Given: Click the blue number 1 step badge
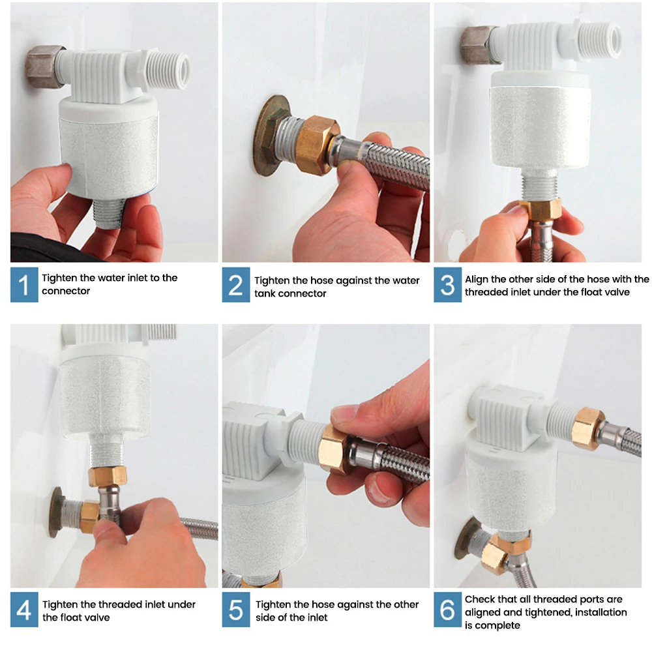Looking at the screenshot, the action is click(x=24, y=285).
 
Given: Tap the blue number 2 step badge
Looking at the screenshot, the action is click(x=236, y=285).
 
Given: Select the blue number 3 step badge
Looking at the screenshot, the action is click(x=447, y=285).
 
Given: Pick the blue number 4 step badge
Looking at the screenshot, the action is click(x=24, y=610).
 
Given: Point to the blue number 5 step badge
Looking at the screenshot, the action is click(x=236, y=610).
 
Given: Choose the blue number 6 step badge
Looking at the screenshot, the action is click(x=447, y=610).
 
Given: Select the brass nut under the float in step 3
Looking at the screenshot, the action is click(x=540, y=210).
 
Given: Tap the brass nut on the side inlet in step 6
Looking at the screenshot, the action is click(x=588, y=429).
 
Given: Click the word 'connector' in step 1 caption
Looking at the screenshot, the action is click(x=66, y=291).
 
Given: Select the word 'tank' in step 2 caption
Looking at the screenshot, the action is click(x=263, y=293).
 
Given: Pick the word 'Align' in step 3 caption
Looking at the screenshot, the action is click(x=477, y=280).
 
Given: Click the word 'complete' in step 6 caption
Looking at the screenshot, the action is click(x=498, y=625).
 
